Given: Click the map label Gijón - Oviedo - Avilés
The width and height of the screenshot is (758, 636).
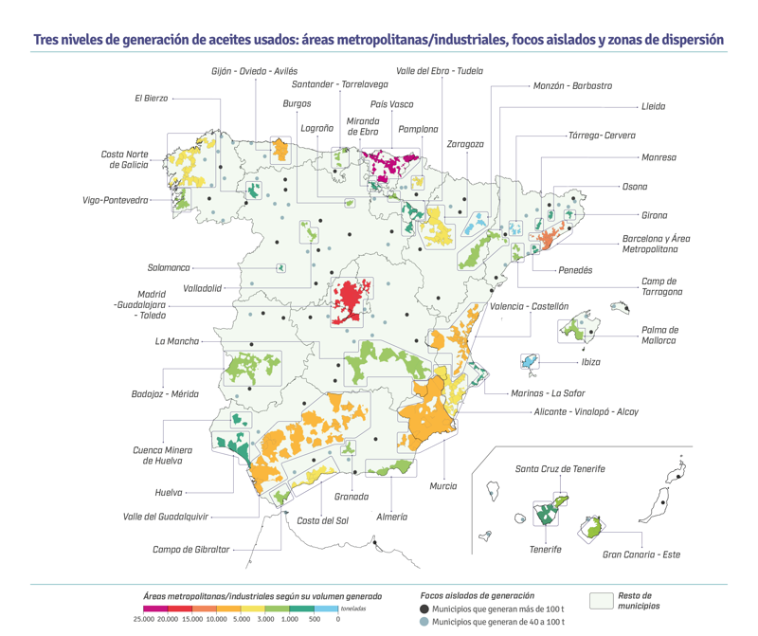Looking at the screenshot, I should [254, 71].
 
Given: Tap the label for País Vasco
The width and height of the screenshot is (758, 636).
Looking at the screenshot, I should [391, 104].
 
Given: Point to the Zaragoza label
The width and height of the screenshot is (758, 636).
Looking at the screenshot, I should [465, 144].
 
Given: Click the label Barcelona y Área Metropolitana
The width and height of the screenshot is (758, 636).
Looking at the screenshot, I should [656, 244].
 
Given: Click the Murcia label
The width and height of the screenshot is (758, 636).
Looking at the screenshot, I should [442, 486].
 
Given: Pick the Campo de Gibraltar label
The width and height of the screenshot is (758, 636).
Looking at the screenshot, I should [190, 550].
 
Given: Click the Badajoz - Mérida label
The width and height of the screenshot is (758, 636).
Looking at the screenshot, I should [164, 393].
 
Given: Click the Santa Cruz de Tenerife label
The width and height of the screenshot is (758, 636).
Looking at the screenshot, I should [560, 468].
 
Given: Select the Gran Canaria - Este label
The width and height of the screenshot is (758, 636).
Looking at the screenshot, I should [641, 554].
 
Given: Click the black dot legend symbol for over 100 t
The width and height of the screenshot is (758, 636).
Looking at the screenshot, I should [424, 609].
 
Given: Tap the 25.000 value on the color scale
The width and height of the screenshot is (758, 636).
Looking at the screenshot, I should [143, 619].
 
